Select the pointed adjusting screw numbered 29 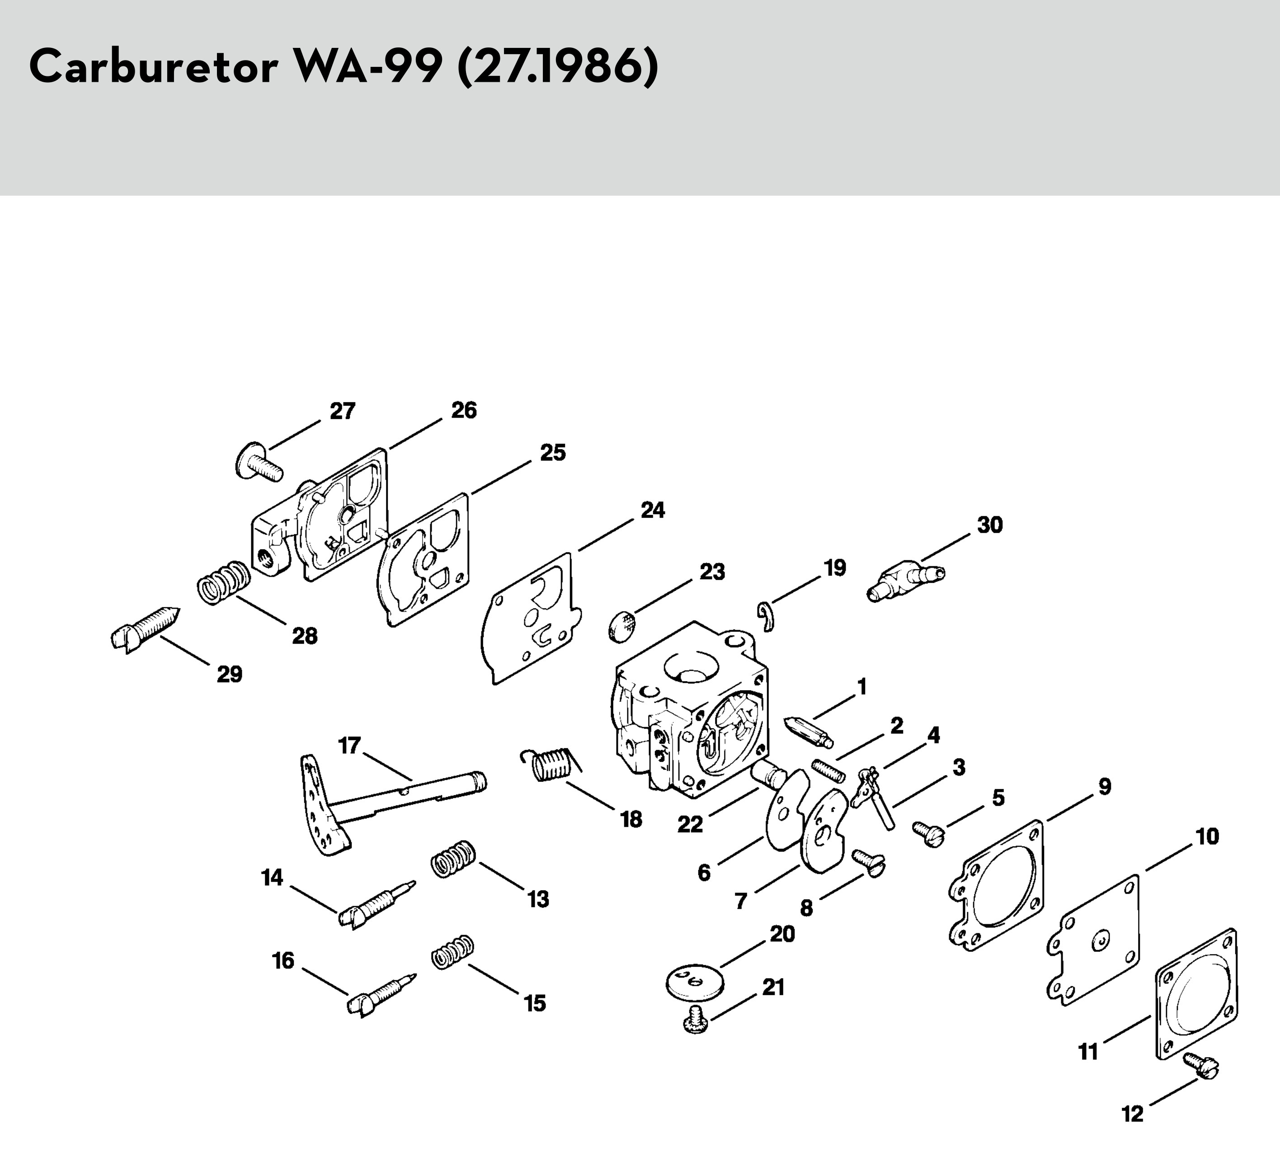tap(144, 629)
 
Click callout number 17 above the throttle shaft tap(350, 745)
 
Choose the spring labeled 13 tap(453, 859)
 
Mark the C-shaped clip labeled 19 tap(767, 616)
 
